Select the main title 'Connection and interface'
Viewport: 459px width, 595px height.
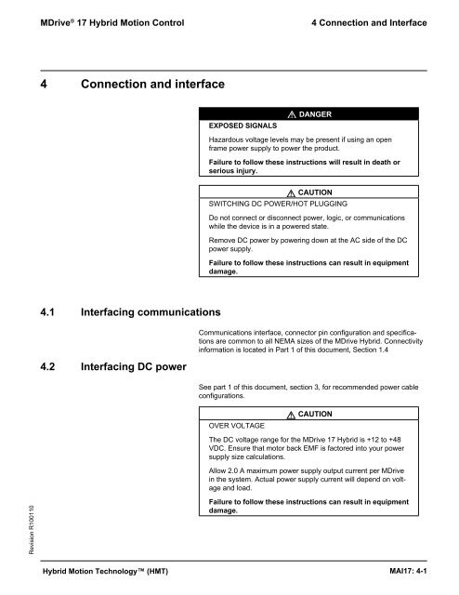point(153,86)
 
